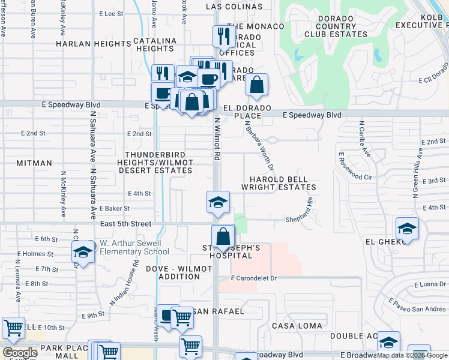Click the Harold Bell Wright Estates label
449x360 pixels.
pyautogui.click(x=279, y=184)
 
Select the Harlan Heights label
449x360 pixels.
pyautogui.click(x=93, y=44)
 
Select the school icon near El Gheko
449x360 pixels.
pyautogui.click(x=407, y=229)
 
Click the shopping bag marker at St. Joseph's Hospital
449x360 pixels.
pyautogui.click(x=223, y=236)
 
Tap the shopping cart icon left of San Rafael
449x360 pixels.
pyautogui.click(x=182, y=318)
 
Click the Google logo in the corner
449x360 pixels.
pyautogui.click(x=20, y=353)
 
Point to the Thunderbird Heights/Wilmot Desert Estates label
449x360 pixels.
pyautogui.click(x=158, y=163)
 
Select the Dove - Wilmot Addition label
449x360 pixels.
pyautogui.click(x=173, y=273)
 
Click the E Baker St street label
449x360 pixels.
pyautogui.click(x=115, y=208)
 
